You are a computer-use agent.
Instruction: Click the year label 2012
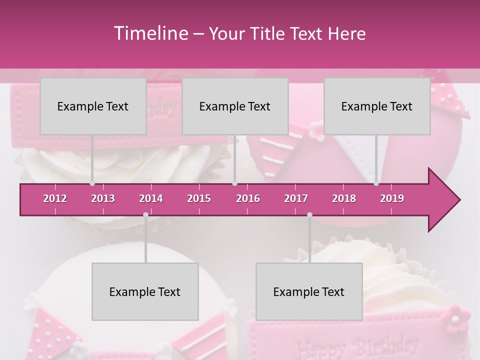tap(55, 198)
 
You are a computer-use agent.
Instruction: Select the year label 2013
tap(103, 198)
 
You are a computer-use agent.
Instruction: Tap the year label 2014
tap(151, 198)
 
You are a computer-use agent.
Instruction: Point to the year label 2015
tap(199, 198)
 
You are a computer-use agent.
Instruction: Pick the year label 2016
tap(248, 198)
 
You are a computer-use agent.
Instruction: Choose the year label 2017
tap(296, 198)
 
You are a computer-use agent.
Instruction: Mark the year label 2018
tap(344, 198)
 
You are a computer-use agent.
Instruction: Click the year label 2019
tap(392, 198)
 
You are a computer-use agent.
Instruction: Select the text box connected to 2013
tap(93, 106)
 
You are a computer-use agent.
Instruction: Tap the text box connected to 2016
tap(235, 106)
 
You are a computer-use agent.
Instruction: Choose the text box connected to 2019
tap(377, 106)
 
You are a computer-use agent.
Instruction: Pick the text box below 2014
tap(145, 292)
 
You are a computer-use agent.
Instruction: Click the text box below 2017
tap(309, 292)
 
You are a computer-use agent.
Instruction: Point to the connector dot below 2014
tap(145, 215)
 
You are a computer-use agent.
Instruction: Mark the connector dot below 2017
tap(309, 215)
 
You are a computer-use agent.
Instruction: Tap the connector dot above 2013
tap(92, 183)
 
